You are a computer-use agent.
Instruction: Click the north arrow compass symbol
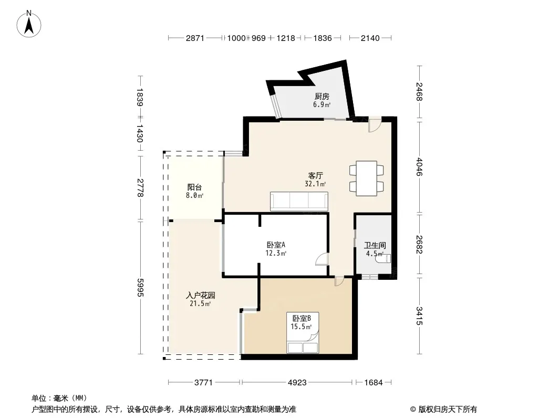(29, 24)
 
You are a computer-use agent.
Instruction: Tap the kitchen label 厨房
(322, 97)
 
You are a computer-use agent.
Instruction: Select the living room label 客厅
(315, 175)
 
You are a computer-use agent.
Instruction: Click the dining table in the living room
(367, 178)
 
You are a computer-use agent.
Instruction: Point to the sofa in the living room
(299, 202)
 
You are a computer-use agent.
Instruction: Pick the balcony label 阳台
(195, 187)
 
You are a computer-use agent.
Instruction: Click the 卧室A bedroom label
(276, 245)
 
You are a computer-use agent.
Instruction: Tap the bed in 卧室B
(303, 333)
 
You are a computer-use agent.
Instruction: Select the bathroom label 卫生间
(375, 246)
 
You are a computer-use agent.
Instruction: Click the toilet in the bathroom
(383, 258)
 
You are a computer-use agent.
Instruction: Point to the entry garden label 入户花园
(200, 296)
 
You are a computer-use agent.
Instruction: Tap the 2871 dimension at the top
(195, 38)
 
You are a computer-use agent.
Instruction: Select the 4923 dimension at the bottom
(297, 383)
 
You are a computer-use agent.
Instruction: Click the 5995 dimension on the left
(140, 288)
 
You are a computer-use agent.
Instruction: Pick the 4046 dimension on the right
(419, 167)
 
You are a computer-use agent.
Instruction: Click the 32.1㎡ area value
(315, 184)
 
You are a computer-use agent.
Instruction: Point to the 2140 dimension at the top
(370, 38)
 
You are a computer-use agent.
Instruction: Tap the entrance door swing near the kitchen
(375, 125)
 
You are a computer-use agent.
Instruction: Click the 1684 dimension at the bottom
(374, 383)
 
